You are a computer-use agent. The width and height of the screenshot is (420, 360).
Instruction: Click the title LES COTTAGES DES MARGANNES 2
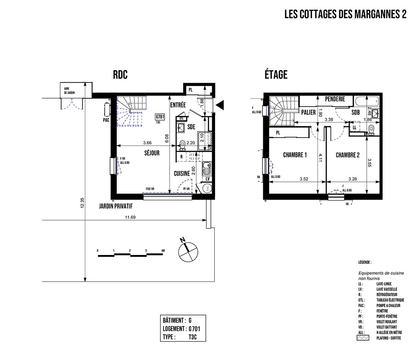point(345,15)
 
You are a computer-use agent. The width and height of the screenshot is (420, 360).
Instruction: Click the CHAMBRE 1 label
point(295,155)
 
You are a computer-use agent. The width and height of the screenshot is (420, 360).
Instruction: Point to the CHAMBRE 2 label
point(347,155)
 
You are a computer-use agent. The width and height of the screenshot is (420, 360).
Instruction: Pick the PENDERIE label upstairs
point(335,99)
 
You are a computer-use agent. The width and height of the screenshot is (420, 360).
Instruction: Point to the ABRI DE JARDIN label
point(69,90)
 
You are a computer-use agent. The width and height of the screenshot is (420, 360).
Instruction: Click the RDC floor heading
point(120,75)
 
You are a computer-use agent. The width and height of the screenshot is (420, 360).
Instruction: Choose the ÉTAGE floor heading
point(276,75)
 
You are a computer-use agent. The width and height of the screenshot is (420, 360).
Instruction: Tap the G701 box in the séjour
point(159,117)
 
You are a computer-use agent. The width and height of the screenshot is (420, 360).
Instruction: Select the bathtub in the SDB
point(367,101)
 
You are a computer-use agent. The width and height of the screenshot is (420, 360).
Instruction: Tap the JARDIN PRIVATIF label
point(115,206)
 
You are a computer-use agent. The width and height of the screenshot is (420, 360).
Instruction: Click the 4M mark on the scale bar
point(163,250)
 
